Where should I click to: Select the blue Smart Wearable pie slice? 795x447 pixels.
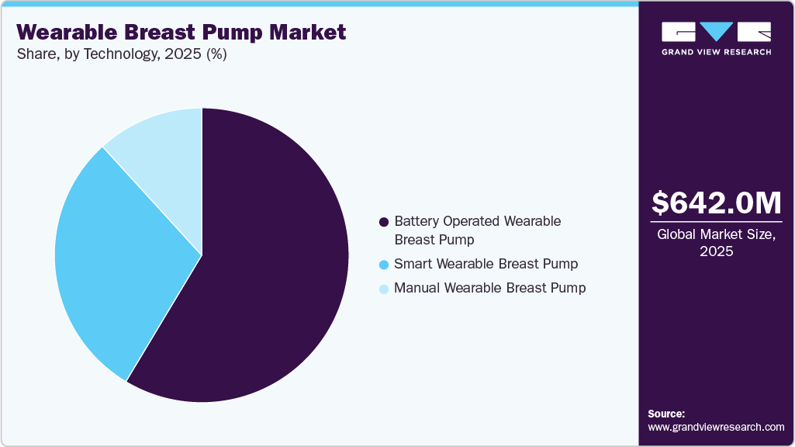pyautogui.click(x=116, y=256)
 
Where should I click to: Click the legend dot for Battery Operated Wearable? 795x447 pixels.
pyautogui.click(x=383, y=222)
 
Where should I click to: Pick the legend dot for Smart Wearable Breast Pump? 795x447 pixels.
pyautogui.click(x=383, y=265)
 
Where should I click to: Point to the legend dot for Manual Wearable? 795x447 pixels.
pyautogui.click(x=383, y=289)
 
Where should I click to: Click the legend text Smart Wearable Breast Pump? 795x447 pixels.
pyautogui.click(x=486, y=264)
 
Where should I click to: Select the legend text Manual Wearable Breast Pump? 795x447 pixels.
pyautogui.click(x=489, y=288)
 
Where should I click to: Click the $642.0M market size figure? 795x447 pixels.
pyautogui.click(x=716, y=203)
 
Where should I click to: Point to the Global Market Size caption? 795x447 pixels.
pyautogui.click(x=716, y=235)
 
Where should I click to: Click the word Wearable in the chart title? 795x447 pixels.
pyautogui.click(x=61, y=33)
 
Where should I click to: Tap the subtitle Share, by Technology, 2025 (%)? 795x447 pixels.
pyautogui.click(x=121, y=55)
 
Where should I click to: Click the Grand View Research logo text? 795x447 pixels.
pyautogui.click(x=716, y=52)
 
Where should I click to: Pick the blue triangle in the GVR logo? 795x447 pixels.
pyautogui.click(x=717, y=32)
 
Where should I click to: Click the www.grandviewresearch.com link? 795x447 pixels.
pyautogui.click(x=716, y=427)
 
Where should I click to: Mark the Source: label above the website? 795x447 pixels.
pyautogui.click(x=666, y=414)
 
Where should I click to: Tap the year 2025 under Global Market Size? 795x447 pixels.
pyautogui.click(x=716, y=251)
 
